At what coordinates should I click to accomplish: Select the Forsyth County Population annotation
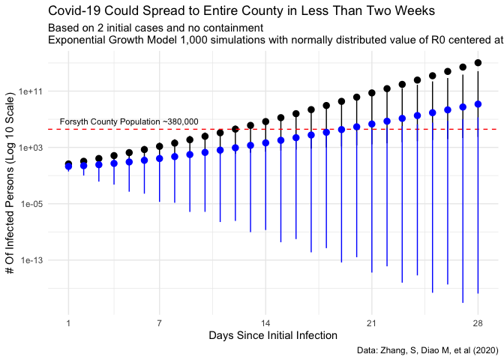pyautogui.click(x=129, y=121)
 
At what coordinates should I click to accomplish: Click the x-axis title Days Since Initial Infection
pyautogui.click(x=273, y=334)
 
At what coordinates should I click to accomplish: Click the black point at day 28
pyautogui.click(x=478, y=63)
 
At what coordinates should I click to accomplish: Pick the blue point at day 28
pyautogui.click(x=478, y=104)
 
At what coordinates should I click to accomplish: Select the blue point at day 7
pyautogui.click(x=159, y=158)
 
